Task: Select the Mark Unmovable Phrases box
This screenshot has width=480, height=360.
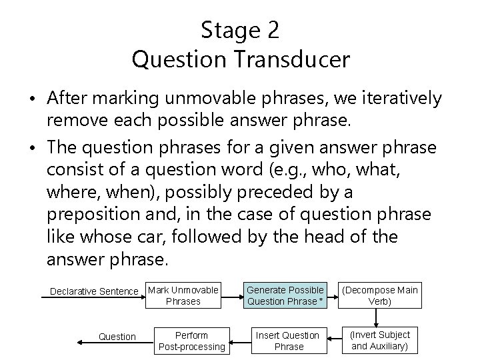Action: (x=183, y=295)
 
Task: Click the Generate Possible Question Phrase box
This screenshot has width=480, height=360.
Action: (x=285, y=295)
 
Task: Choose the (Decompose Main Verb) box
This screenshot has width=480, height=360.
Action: (x=380, y=295)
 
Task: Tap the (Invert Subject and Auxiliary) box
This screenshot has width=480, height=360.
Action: (x=380, y=340)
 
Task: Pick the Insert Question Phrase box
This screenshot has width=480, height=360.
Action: (x=289, y=341)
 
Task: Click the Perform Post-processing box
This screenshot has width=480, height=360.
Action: (x=191, y=341)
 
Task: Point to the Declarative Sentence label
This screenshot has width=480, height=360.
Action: (x=94, y=291)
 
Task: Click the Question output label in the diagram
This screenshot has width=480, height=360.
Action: (x=117, y=337)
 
